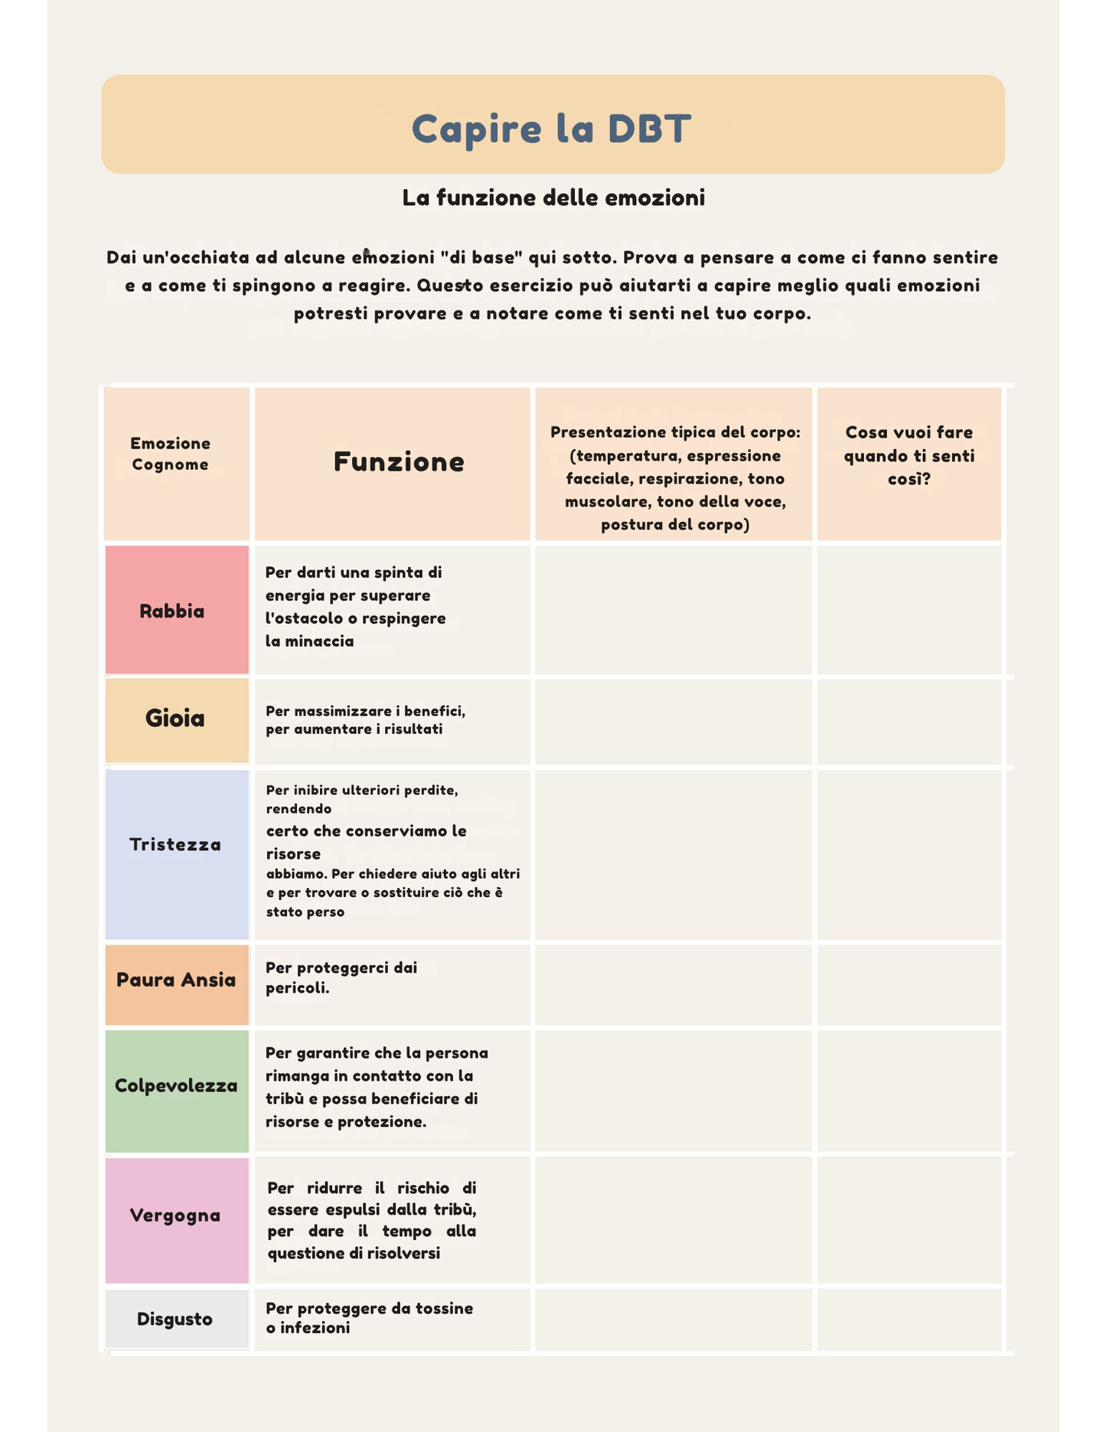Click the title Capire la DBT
point(551,128)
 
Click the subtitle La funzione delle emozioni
point(553,198)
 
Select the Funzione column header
point(399,462)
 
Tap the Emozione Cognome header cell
point(170,454)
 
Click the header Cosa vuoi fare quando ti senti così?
point(909,456)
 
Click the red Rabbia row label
point(172,612)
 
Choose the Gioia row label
point(175,719)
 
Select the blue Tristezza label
point(175,845)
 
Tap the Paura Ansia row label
point(176,980)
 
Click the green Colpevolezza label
point(176,1086)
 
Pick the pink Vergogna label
point(175,1215)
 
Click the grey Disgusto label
point(175,1319)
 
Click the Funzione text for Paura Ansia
point(341,977)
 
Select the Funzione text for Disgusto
point(369,1318)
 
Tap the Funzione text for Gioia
point(365,720)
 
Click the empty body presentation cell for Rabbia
point(674,610)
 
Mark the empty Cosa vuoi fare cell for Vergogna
point(909,1220)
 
